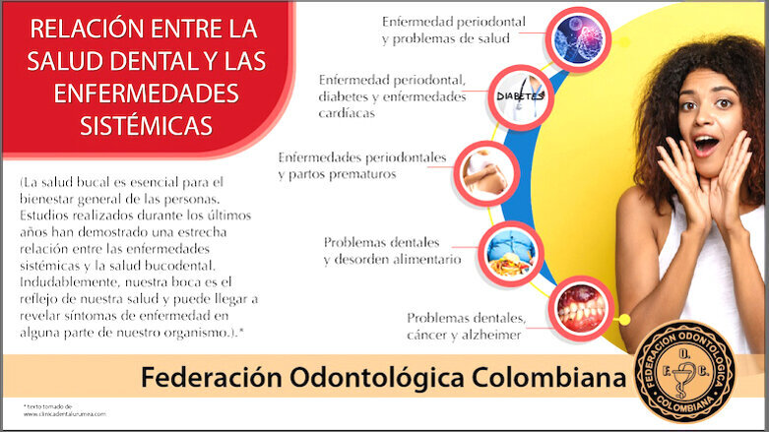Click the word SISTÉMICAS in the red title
[x=147, y=127]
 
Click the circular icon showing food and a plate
[x=510, y=251]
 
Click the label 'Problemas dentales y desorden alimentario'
[x=391, y=251]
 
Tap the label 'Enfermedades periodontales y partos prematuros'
[x=361, y=165]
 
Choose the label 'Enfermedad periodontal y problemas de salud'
[x=453, y=30]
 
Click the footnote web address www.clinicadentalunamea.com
[x=64, y=414]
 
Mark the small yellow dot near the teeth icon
[x=624, y=319]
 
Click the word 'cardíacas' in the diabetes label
[x=346, y=112]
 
